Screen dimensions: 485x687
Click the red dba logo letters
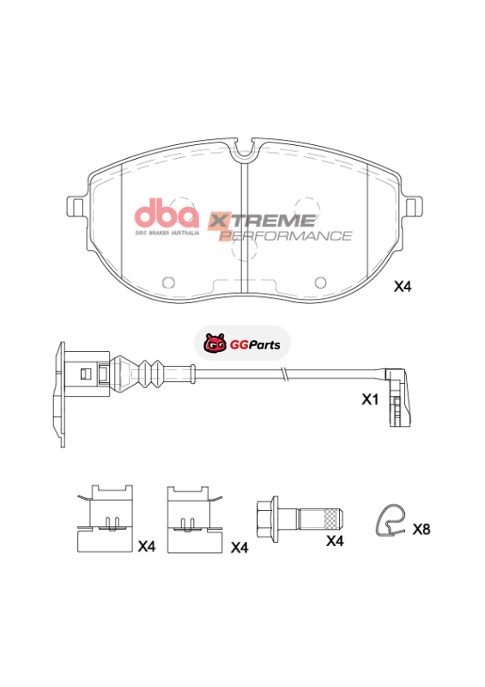click(167, 213)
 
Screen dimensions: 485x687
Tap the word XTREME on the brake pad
click(262, 220)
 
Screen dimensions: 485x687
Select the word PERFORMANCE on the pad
click(286, 235)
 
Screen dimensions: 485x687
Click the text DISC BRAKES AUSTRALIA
click(167, 233)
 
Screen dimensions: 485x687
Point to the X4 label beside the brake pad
click(403, 287)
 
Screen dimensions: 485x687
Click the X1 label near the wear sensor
click(369, 399)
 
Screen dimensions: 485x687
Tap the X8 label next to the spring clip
click(421, 529)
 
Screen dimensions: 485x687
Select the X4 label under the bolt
click(335, 541)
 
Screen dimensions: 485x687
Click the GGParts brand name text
click(255, 345)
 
